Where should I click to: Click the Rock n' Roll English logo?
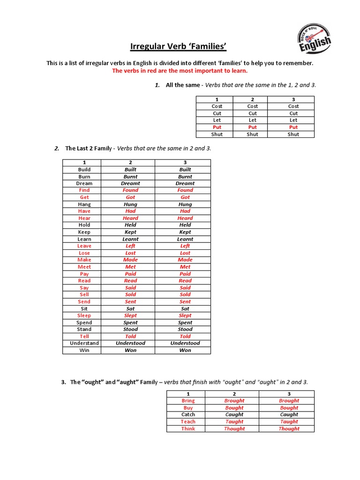pos(315,40)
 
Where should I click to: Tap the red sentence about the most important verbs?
pos(180,71)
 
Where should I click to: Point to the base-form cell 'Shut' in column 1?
pos(217,134)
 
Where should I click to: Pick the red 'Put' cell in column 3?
pos(293,127)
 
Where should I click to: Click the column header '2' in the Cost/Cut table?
pos(253,99)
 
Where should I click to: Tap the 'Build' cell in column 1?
pos(84,170)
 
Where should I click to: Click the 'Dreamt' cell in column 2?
pos(130,183)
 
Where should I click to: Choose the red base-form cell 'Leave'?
pos(84,246)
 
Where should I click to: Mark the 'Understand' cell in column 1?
pos(84,343)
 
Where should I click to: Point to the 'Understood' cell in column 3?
pos(185,343)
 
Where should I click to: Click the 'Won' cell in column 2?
pos(130,350)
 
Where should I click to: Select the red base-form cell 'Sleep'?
pos(84,315)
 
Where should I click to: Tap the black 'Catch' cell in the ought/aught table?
pos(188,415)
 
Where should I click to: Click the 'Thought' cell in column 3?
pos(289,428)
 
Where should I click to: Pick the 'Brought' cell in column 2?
pos(234,401)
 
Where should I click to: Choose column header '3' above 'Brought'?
pos(289,394)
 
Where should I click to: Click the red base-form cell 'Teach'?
pos(188,421)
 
